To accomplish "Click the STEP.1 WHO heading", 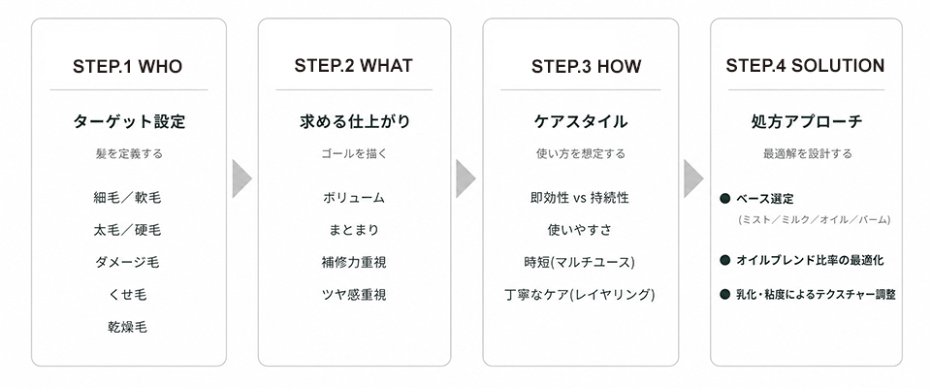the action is click(x=127, y=66).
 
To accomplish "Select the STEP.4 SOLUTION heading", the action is click(x=805, y=65).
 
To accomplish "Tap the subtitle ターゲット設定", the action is click(x=129, y=122).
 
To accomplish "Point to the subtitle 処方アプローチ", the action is click(x=806, y=122).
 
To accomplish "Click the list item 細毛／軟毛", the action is click(x=127, y=197).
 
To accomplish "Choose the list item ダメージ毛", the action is click(x=127, y=262).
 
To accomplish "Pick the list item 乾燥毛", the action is click(x=128, y=327).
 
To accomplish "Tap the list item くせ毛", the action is click(x=128, y=294).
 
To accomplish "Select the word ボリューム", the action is click(x=354, y=198).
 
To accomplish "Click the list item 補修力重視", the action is click(x=354, y=262).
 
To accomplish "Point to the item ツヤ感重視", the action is click(x=354, y=294).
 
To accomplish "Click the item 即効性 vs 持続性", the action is click(x=580, y=198).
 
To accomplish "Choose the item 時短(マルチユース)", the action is click(x=580, y=262).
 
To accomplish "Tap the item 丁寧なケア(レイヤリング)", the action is click(x=580, y=294).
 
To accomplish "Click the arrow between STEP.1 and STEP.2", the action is click(x=241, y=178).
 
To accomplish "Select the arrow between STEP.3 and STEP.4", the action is click(x=693, y=178).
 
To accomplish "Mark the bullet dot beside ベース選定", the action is click(x=724, y=199).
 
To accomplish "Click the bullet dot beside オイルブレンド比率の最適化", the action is click(x=724, y=260).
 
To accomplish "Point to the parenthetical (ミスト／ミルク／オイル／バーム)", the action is click(x=814, y=220).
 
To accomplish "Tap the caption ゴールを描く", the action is click(x=354, y=154).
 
